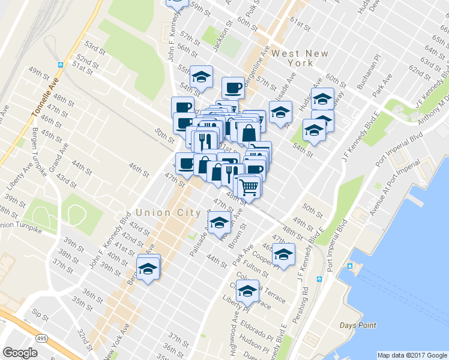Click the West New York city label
pyautogui.click(x=300, y=58)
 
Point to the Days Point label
pyautogui.click(x=358, y=325)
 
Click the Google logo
pyautogui.click(x=20, y=353)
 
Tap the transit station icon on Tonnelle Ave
pyautogui.click(x=61, y=65)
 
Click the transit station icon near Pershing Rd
pyautogui.click(x=320, y=280)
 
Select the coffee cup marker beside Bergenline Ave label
pyautogui.click(x=233, y=88)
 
